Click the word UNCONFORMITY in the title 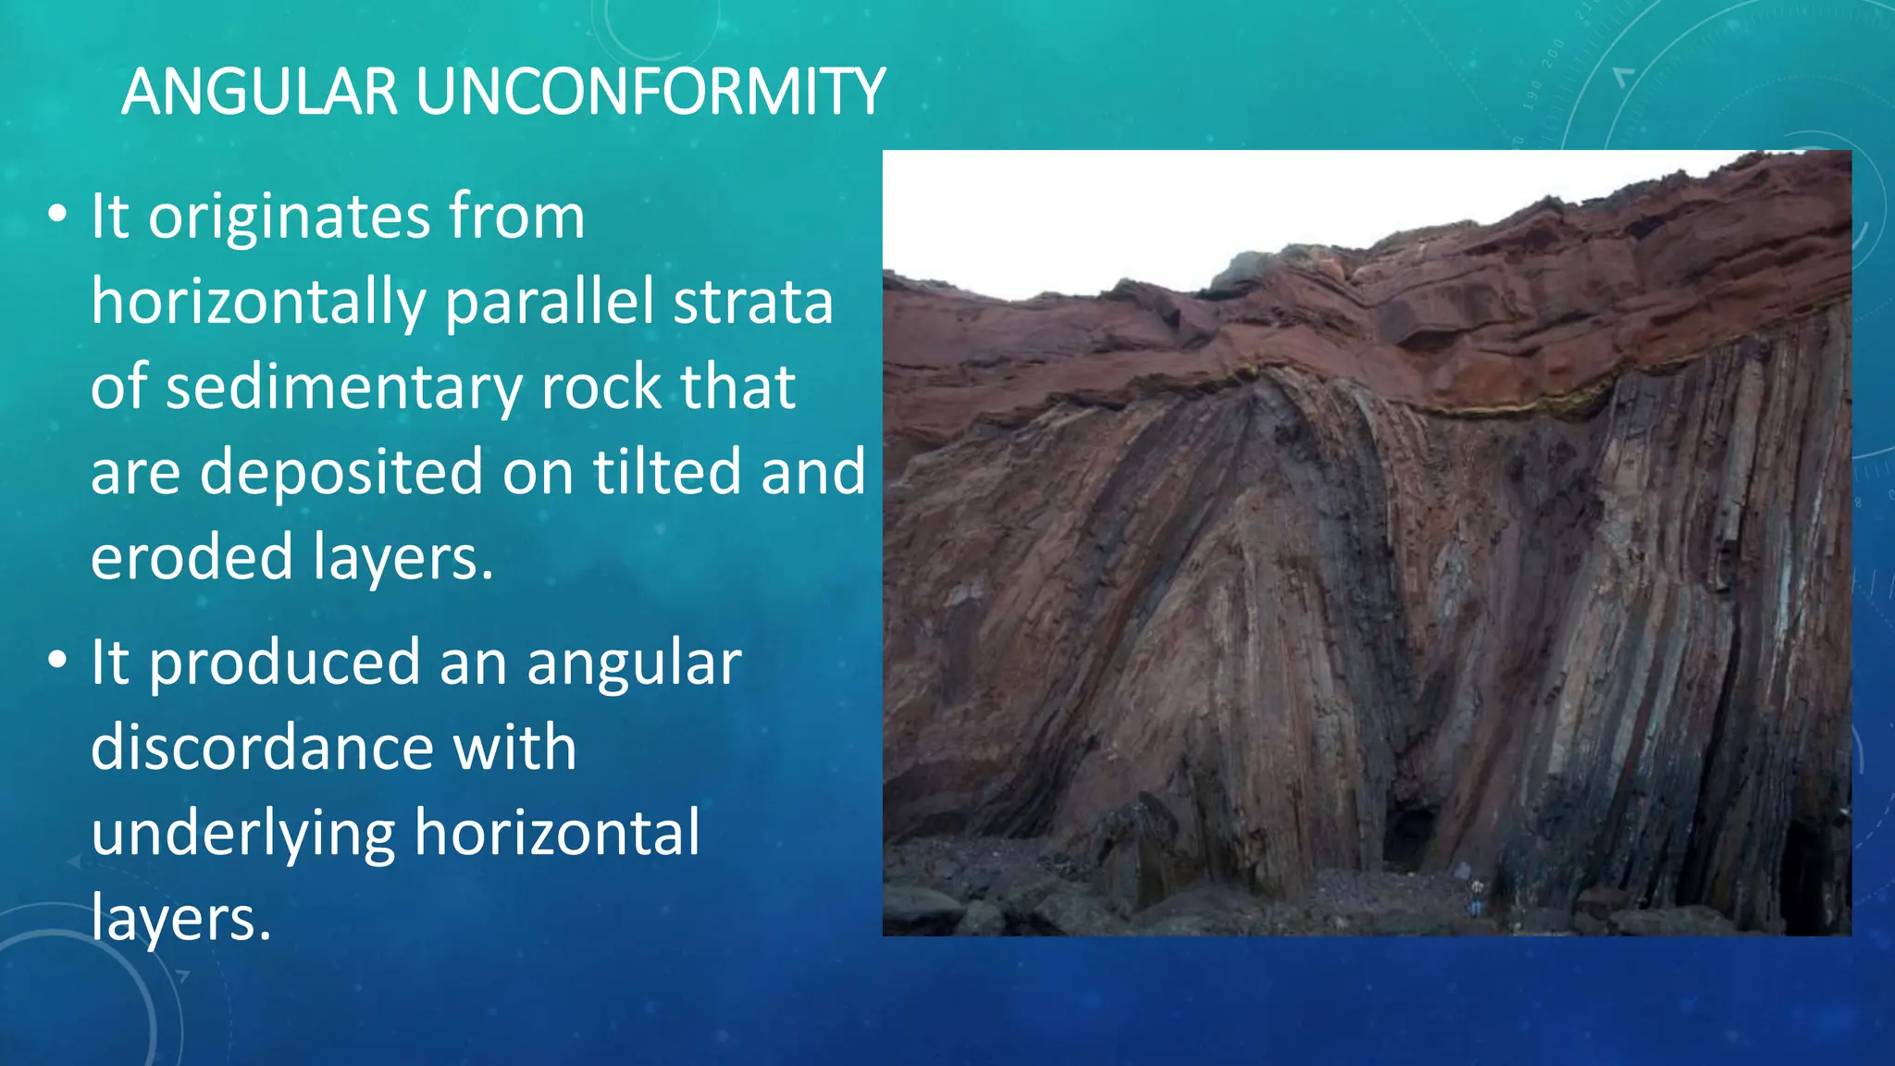point(650,92)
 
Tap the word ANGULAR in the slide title point(259,92)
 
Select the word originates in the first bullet point(289,218)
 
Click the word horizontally point(258,303)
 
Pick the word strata point(752,303)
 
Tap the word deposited point(341,472)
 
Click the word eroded point(192,557)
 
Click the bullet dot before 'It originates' point(57,215)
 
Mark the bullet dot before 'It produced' point(57,661)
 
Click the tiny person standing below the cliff point(1477,897)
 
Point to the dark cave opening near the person point(1407,837)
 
